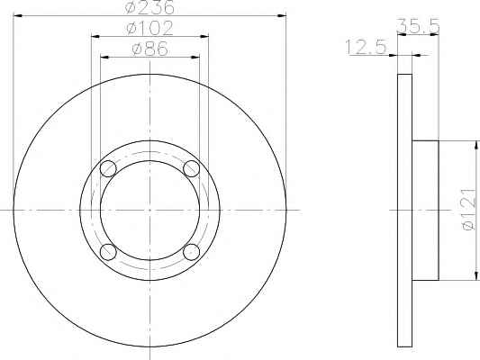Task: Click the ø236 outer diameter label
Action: point(149,6)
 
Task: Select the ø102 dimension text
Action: point(150,28)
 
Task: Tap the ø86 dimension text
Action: point(150,49)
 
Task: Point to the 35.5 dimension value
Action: point(418,26)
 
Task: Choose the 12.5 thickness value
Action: point(367,47)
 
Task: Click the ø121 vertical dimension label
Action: point(469,209)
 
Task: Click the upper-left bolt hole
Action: point(108,168)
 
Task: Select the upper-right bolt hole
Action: point(191,168)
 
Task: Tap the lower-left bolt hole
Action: point(108,252)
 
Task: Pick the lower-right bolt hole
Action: point(191,252)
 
